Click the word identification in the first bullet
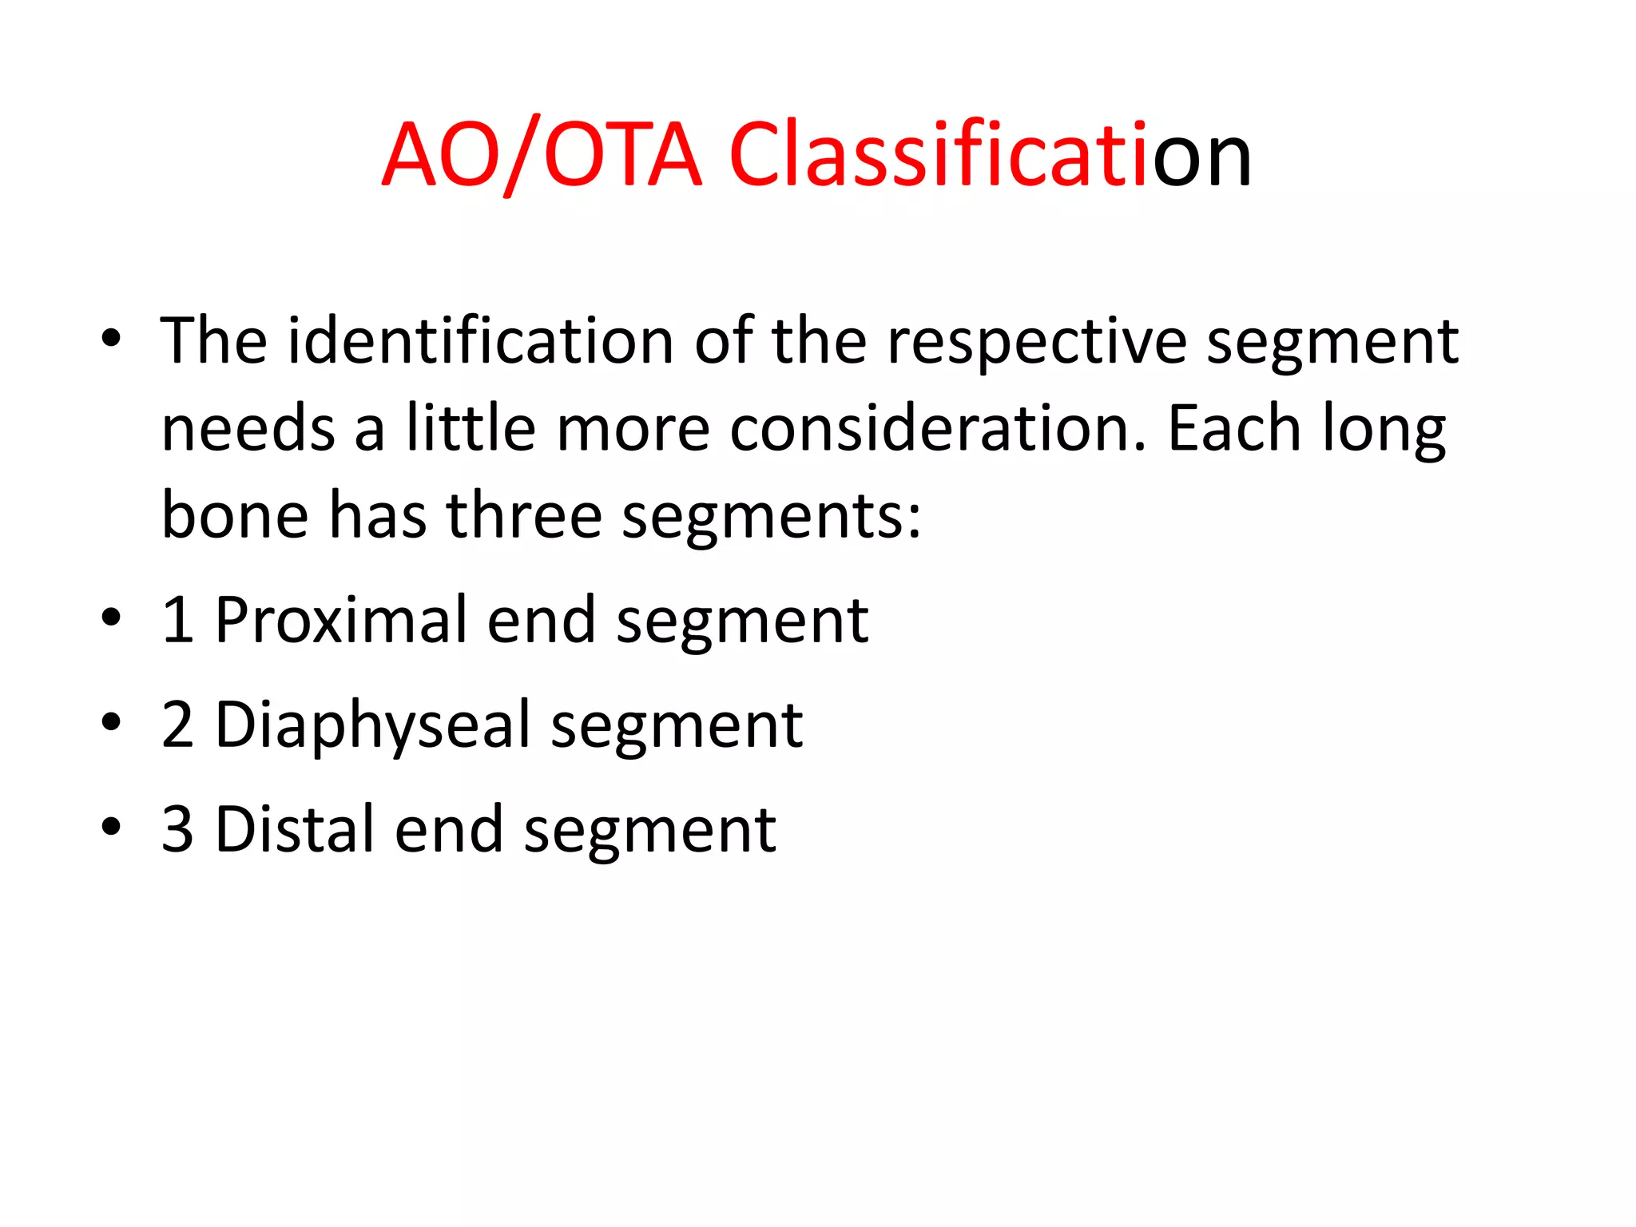tap(480, 342)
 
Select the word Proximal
tap(341, 621)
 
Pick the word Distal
tap(295, 830)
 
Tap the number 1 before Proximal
tap(177, 621)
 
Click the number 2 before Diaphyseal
tap(177, 725)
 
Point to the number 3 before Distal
tap(177, 830)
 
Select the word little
tap(471, 429)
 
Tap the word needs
tap(248, 429)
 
